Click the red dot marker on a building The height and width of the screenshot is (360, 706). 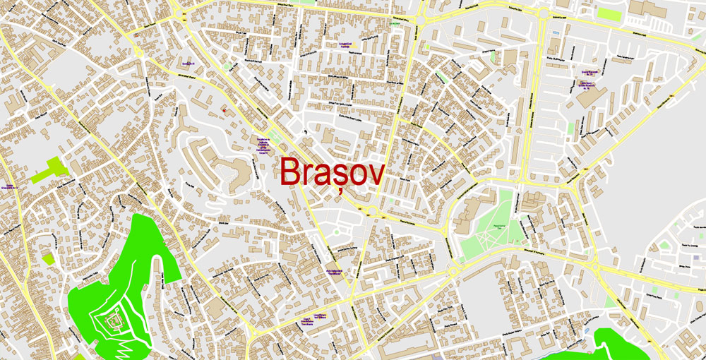(225, 110)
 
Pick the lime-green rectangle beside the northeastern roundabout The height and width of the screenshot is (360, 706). (607, 13)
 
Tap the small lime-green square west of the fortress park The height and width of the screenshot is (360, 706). (48, 258)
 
